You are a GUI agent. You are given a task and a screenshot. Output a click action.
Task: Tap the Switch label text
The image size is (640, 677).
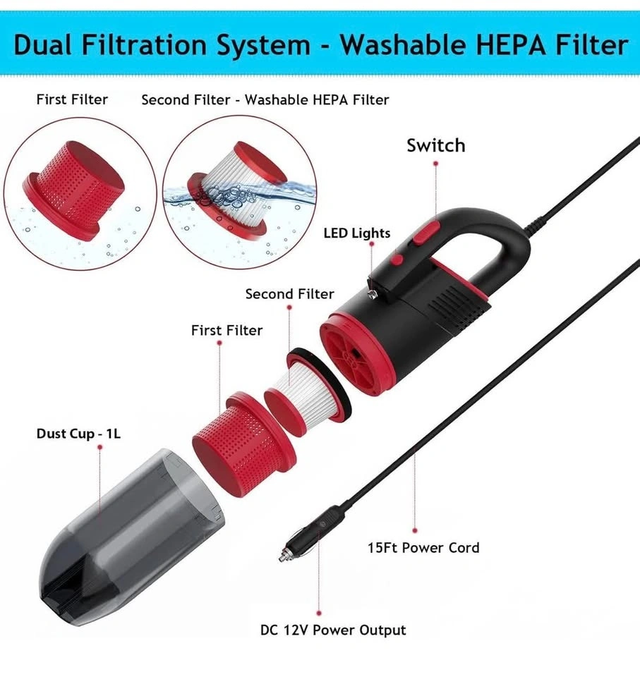click(435, 145)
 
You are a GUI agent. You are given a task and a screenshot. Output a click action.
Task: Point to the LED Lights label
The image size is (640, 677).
click(357, 233)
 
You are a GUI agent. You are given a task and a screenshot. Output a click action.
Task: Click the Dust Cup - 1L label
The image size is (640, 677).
click(78, 434)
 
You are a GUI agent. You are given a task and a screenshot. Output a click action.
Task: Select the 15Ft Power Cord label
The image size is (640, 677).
click(423, 547)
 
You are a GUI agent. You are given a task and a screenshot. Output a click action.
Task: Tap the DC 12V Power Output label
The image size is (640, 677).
click(333, 630)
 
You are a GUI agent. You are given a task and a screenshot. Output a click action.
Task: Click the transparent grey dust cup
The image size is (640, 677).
click(130, 535)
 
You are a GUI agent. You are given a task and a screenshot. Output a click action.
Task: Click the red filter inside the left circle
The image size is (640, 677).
click(73, 189)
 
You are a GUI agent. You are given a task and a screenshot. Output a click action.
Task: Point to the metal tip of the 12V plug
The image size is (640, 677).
click(284, 555)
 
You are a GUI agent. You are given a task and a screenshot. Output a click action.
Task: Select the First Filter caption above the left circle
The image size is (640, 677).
click(72, 99)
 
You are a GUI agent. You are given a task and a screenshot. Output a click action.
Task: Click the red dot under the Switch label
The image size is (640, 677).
click(435, 164)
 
